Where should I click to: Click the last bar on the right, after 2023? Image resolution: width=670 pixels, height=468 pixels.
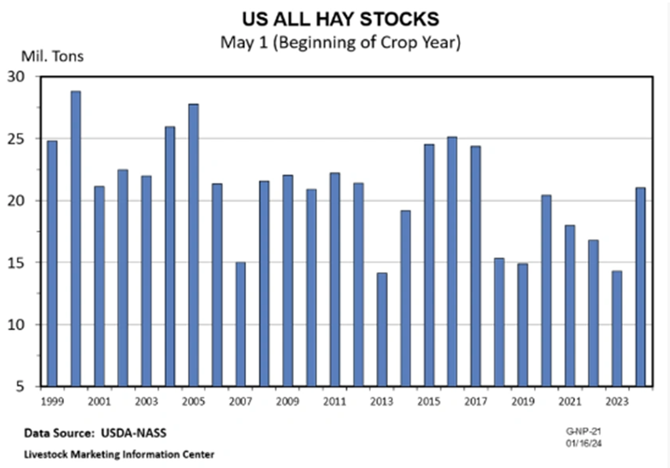pyautogui.click(x=641, y=287)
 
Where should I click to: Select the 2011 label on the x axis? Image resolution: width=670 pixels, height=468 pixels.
pyautogui.click(x=334, y=400)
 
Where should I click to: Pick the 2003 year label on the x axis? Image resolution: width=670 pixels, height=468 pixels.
pyautogui.click(x=146, y=400)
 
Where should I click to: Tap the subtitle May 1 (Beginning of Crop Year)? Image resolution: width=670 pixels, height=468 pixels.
pyautogui.click(x=340, y=42)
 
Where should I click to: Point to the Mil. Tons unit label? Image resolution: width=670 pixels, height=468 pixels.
pyautogui.click(x=54, y=56)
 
